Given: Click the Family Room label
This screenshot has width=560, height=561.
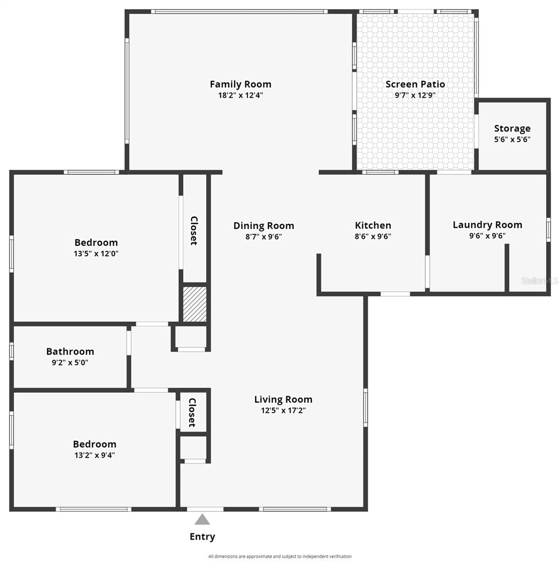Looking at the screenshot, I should (x=240, y=84).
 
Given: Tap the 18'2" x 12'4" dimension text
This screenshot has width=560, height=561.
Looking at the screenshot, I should (x=240, y=95).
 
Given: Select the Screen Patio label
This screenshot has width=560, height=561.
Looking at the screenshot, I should (x=415, y=84).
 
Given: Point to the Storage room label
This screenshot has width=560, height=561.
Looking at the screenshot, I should (x=512, y=129).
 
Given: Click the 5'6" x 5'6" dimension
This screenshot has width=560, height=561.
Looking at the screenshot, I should (x=512, y=139).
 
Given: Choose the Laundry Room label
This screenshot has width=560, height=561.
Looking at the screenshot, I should (x=487, y=225).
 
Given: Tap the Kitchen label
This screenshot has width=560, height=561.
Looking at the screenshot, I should (x=373, y=226).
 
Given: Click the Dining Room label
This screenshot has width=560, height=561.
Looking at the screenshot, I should (x=264, y=226).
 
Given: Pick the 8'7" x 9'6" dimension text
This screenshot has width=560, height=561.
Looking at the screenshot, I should (x=264, y=237).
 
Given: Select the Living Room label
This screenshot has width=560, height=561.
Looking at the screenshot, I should (x=283, y=399).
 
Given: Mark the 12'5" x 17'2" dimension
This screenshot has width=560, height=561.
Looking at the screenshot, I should (x=283, y=410).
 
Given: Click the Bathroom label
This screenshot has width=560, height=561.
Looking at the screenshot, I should (x=70, y=352).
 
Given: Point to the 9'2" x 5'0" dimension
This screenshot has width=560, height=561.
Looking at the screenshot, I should (x=70, y=362).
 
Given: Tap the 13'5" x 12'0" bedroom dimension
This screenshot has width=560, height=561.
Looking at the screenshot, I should (x=96, y=253).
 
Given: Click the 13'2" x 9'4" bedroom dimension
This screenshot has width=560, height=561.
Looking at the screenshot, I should (x=94, y=455).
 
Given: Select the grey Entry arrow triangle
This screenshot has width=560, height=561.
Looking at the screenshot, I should (x=202, y=519).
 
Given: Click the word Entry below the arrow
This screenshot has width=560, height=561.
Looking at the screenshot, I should (x=202, y=537).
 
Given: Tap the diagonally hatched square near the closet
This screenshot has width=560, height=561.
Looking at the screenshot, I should (x=194, y=304).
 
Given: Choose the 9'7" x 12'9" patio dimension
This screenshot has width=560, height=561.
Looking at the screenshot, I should (x=415, y=95).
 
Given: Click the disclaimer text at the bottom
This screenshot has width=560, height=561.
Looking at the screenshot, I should (x=280, y=556).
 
